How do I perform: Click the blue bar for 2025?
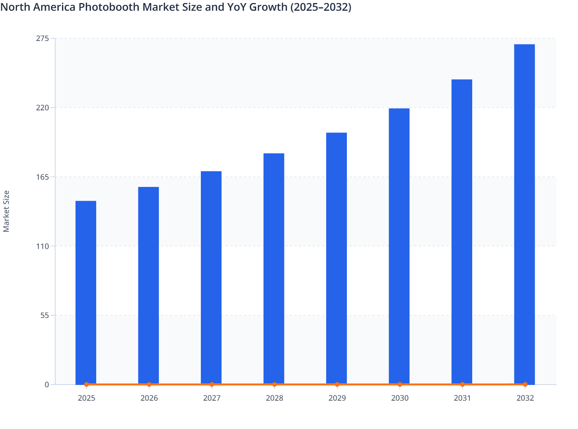click(86, 292)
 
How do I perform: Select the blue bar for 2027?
click(211, 278)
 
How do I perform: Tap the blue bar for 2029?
click(337, 258)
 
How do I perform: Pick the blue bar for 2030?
click(399, 246)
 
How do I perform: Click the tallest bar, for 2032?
click(524, 214)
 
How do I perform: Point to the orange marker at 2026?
click(149, 384)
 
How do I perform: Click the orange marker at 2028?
click(274, 384)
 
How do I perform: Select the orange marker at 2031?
click(462, 384)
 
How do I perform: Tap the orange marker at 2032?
click(525, 384)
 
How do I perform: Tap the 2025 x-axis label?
click(86, 398)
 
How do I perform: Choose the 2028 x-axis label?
click(274, 398)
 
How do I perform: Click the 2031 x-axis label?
click(462, 398)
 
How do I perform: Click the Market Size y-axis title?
click(7, 211)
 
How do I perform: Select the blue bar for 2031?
click(461, 232)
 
